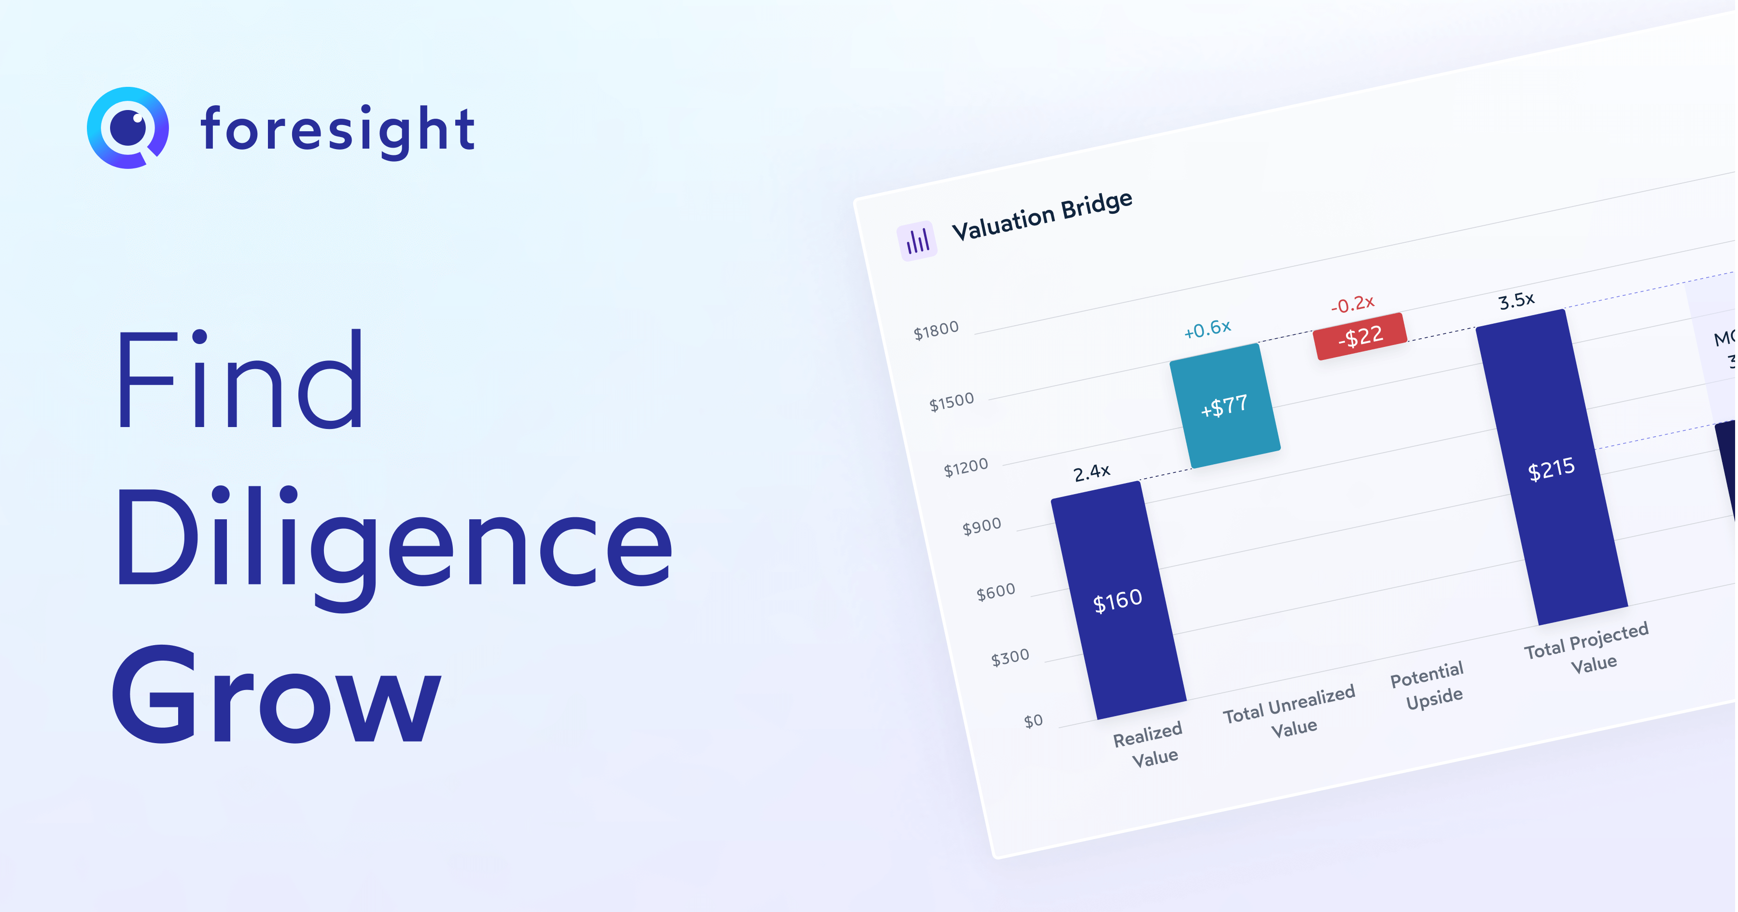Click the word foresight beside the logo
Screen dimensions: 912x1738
(338, 129)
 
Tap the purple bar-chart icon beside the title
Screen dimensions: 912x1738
(917, 241)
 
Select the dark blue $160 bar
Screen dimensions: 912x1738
(1118, 600)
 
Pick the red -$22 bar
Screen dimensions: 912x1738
(1360, 336)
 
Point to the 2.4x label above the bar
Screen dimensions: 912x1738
(1092, 472)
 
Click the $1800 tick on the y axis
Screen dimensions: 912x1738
(936, 331)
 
